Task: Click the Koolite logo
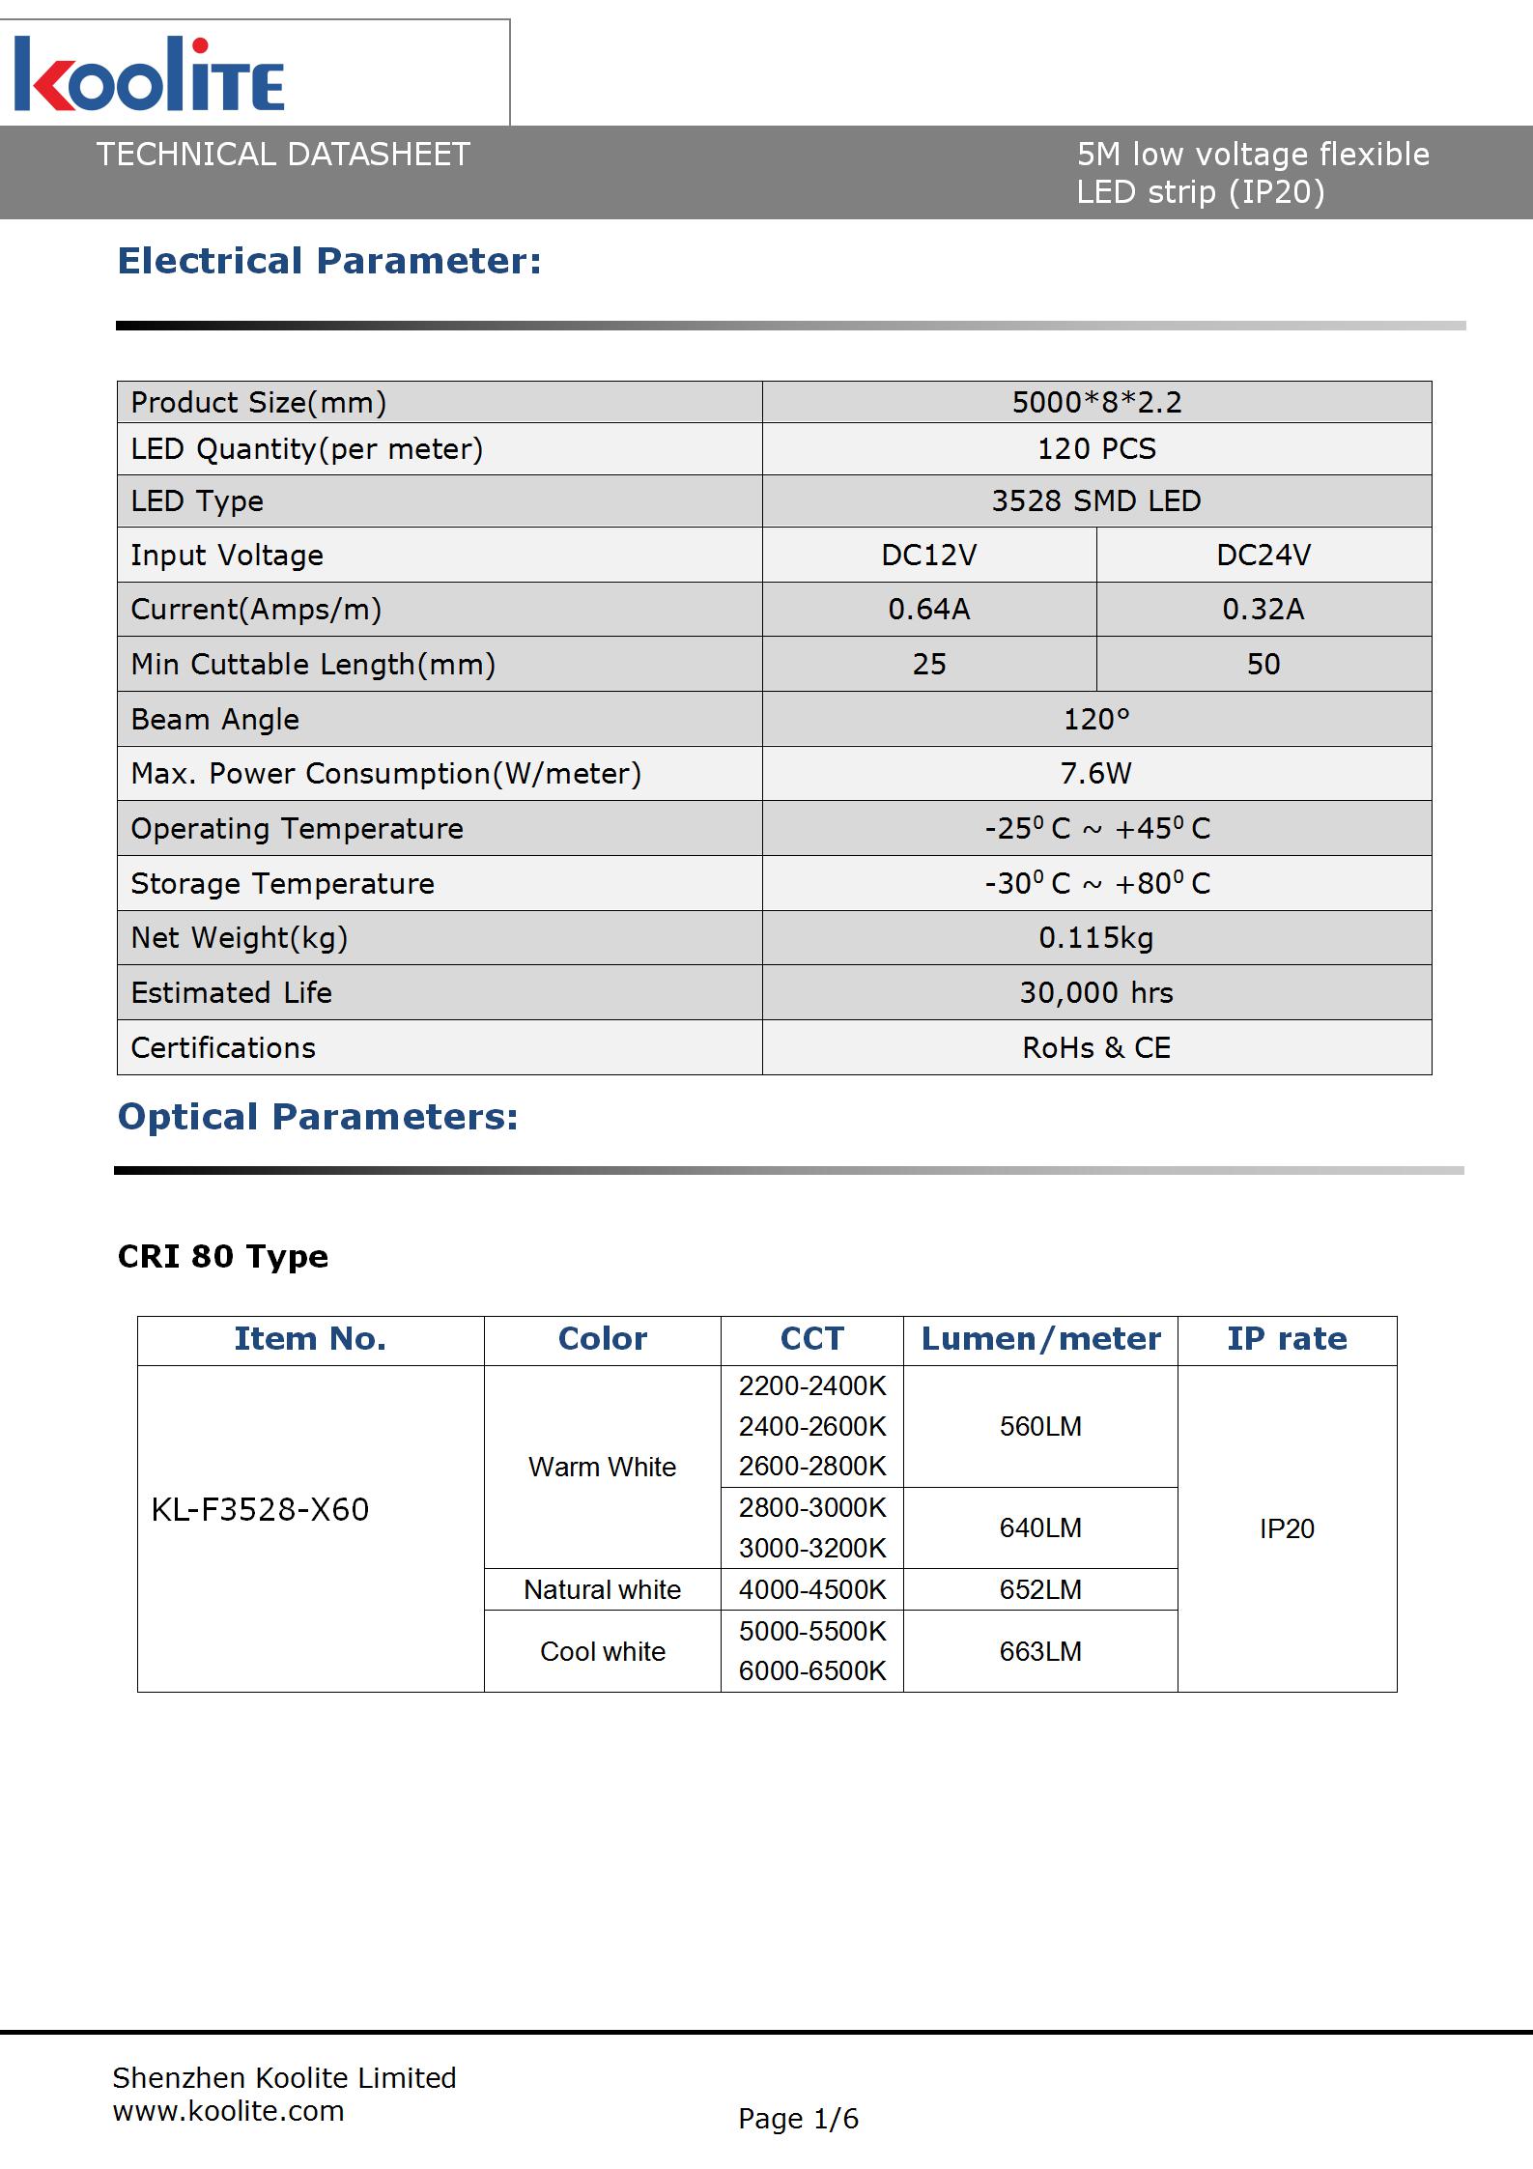tap(150, 75)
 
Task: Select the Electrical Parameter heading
tap(329, 261)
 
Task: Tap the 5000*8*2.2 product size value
tap(1096, 402)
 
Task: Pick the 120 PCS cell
tap(1096, 448)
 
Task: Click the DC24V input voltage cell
tap(1263, 555)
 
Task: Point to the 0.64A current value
tap(929, 609)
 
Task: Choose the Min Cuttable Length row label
tap(313, 664)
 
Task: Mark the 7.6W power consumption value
tap(1096, 773)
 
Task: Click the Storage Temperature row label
tap(282, 883)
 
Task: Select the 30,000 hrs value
tap(1096, 992)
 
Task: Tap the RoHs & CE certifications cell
tap(1096, 1047)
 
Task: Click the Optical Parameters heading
tap(318, 1117)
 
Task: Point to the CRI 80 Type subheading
tap(223, 1256)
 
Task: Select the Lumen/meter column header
tap(1040, 1339)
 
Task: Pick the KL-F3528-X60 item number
tap(260, 1509)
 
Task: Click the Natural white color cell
tap(602, 1589)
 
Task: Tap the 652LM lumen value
tap(1040, 1589)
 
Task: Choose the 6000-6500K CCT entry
tap(812, 1670)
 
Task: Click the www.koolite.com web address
tap(228, 2111)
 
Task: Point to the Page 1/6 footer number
tap(798, 2119)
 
